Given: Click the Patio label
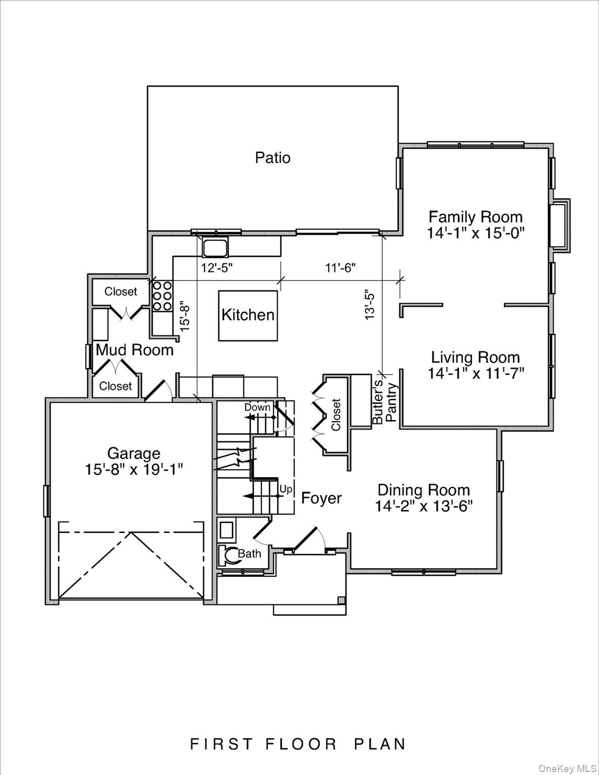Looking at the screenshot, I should pyautogui.click(x=273, y=158).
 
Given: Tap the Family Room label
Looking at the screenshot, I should pyautogui.click(x=475, y=217).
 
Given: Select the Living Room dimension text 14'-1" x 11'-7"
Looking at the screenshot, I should pyautogui.click(x=476, y=374).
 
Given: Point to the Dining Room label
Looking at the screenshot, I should pyautogui.click(x=423, y=490).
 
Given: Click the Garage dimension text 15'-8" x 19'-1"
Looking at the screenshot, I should pyautogui.click(x=134, y=469).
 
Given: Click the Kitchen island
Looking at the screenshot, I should pyautogui.click(x=248, y=315).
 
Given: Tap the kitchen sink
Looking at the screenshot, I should pyautogui.click(x=215, y=247).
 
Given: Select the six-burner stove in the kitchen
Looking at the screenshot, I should pyautogui.click(x=161, y=296).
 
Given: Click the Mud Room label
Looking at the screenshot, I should pyautogui.click(x=135, y=350).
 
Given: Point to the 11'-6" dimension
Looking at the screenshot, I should pyautogui.click(x=340, y=268).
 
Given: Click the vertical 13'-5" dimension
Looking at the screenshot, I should pyautogui.click(x=370, y=304).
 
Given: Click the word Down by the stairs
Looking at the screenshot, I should pyautogui.click(x=257, y=407).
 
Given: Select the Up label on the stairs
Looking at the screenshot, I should pyautogui.click(x=286, y=489).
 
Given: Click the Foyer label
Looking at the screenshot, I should pyautogui.click(x=321, y=499).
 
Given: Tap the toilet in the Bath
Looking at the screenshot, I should pyautogui.click(x=230, y=555).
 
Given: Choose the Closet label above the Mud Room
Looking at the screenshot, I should pyautogui.click(x=121, y=292).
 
